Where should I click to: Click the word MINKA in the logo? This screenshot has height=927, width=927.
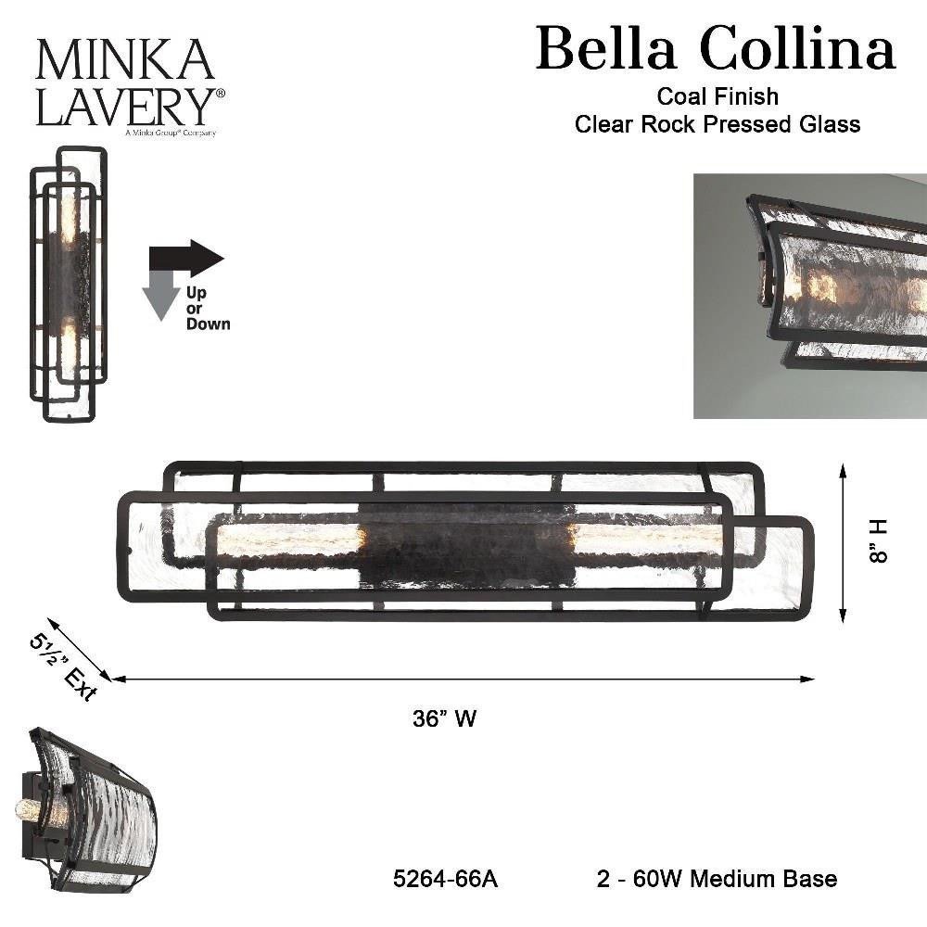[x=125, y=59]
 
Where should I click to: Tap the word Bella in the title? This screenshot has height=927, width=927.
[x=606, y=48]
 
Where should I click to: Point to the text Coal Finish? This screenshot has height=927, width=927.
[x=717, y=96]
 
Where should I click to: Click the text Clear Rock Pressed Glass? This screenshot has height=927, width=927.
[x=717, y=124]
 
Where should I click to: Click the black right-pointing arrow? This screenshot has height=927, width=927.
[x=187, y=259]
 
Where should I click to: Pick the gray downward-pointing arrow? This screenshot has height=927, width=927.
[x=161, y=295]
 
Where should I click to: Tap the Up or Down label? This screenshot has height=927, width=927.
[x=208, y=308]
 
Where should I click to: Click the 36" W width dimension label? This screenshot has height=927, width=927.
[x=445, y=719]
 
